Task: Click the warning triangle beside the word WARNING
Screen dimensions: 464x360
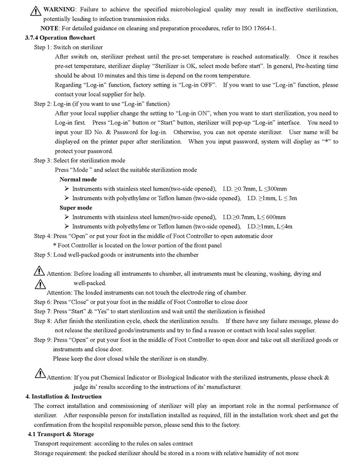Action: tap(35, 11)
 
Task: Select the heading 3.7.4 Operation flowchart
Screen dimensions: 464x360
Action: tap(60, 38)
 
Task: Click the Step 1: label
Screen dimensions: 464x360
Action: tap(43, 47)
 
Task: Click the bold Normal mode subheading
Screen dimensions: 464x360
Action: tap(78, 179)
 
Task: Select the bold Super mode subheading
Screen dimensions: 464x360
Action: tap(76, 208)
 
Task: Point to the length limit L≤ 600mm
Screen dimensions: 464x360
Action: tap(269, 217)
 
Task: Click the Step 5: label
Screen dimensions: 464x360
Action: tap(43, 255)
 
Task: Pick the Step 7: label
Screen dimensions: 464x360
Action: tap(43, 311)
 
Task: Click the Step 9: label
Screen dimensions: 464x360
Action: tap(43, 340)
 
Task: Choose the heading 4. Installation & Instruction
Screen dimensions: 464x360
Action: tap(64, 397)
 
